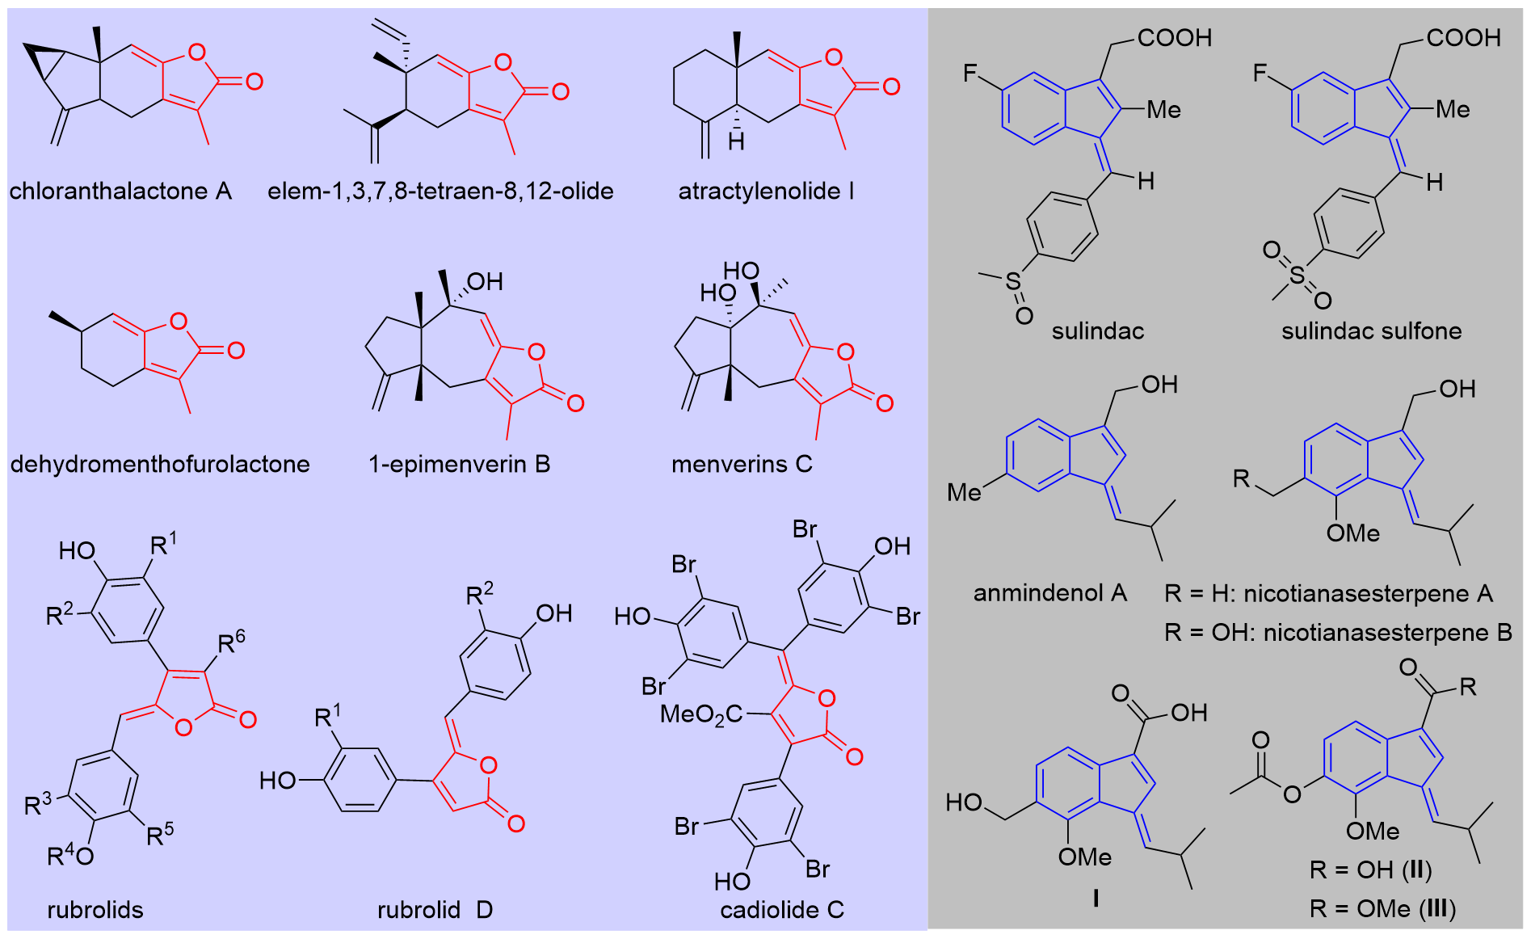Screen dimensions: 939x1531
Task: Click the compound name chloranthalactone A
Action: pyautogui.click(x=120, y=192)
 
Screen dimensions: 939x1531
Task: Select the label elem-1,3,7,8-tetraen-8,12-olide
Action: pyautogui.click(x=440, y=192)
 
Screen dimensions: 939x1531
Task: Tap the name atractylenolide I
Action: pyautogui.click(x=765, y=192)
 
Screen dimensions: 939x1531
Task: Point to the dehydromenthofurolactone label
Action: pyautogui.click(x=160, y=464)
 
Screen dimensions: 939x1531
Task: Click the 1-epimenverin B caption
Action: pyautogui.click(x=459, y=464)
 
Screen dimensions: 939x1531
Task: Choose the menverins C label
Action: pyautogui.click(x=742, y=464)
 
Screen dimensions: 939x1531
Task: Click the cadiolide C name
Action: pyautogui.click(x=781, y=910)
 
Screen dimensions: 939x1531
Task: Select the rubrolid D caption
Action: pyautogui.click(x=435, y=910)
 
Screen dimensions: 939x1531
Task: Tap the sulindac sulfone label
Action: pyautogui.click(x=1371, y=331)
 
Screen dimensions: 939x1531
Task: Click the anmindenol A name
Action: pyautogui.click(x=1049, y=593)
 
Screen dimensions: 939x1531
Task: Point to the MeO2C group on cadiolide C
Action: pyautogui.click(x=700, y=714)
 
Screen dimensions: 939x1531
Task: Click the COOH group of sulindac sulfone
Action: pyautogui.click(x=1463, y=38)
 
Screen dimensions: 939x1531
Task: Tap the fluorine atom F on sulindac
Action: pyautogui.click(x=970, y=74)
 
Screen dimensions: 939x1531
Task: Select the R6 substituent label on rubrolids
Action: pyautogui.click(x=231, y=642)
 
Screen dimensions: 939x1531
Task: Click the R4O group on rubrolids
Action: pyautogui.click(x=70, y=854)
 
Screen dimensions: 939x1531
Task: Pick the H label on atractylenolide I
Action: pyautogui.click(x=735, y=142)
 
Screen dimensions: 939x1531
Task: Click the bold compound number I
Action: pyautogui.click(x=1095, y=898)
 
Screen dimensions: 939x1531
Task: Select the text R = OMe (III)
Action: pyautogui.click(x=1382, y=909)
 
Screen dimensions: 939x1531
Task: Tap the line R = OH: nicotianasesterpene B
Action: pyautogui.click(x=1338, y=632)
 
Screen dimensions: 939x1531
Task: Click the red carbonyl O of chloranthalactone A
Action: pyautogui.click(x=254, y=81)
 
